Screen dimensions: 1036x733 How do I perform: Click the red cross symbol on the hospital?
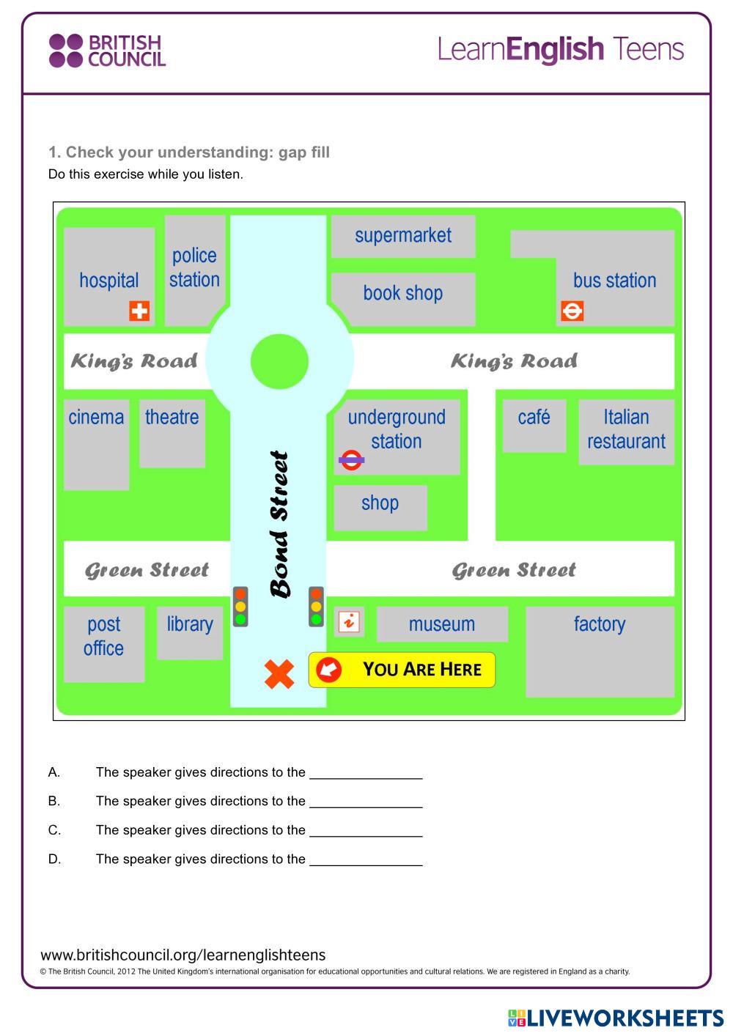[x=139, y=311]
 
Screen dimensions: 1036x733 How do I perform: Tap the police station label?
[x=194, y=267]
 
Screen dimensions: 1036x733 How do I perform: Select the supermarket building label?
[x=403, y=235]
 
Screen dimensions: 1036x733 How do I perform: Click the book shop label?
[x=403, y=293]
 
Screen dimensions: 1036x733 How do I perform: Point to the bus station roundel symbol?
[x=572, y=311]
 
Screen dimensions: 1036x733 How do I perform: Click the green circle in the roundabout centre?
[x=279, y=361]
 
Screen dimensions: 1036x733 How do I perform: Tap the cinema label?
[x=96, y=417]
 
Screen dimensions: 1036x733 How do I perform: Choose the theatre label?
[x=172, y=417]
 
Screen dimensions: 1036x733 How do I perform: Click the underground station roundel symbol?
[x=351, y=460]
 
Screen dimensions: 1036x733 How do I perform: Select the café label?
[x=534, y=417]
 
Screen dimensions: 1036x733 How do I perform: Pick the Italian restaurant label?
[x=626, y=429]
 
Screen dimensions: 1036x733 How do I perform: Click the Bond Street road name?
[x=280, y=525]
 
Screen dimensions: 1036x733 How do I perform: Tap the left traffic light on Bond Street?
[x=240, y=607]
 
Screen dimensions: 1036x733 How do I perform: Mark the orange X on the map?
[x=279, y=674]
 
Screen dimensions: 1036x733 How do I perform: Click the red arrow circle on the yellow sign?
[x=328, y=669]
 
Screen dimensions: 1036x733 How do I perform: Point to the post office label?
[x=103, y=636]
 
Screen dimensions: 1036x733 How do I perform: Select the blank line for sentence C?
[x=366, y=831]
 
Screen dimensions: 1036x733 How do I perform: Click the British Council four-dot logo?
[x=65, y=51]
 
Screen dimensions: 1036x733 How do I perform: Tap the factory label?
[x=600, y=624]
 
